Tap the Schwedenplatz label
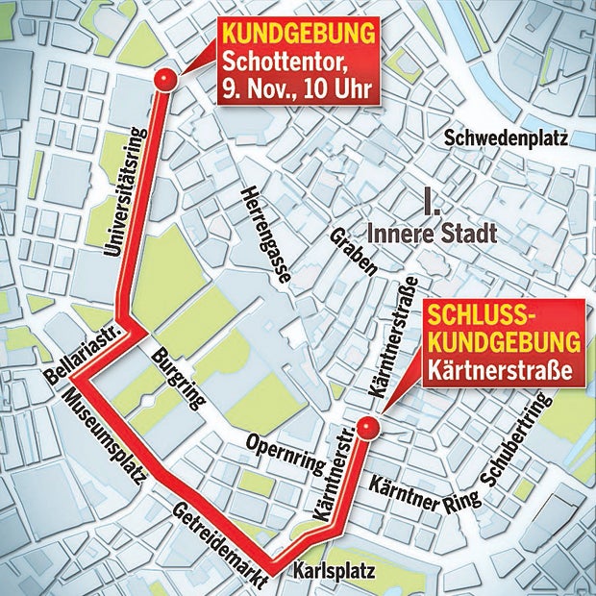507,138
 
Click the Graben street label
353,253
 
